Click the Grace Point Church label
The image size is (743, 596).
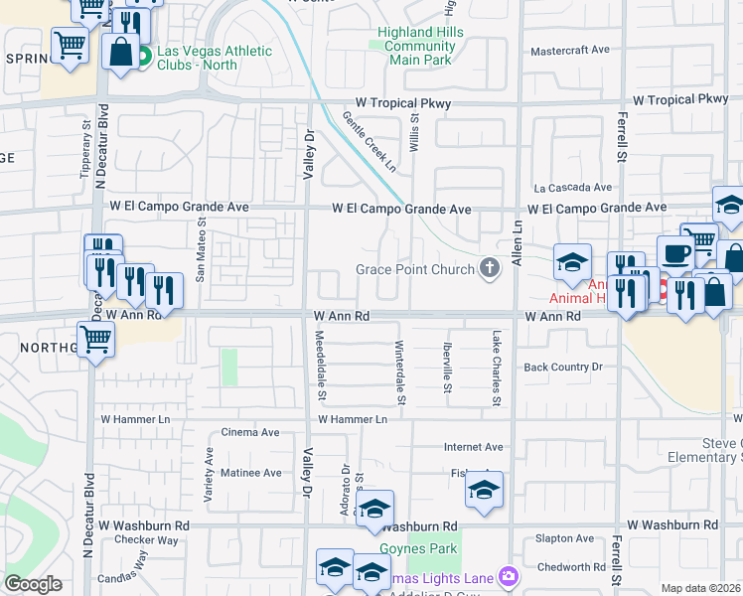pyautogui.click(x=415, y=269)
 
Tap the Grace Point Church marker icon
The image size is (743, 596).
pyautogui.click(x=489, y=268)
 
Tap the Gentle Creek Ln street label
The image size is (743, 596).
pyautogui.click(x=369, y=140)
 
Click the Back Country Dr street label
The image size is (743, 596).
pyautogui.click(x=563, y=368)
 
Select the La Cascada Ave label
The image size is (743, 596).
pyautogui.click(x=573, y=187)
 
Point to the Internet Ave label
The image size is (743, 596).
pyautogui.click(x=474, y=448)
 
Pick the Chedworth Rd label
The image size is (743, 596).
pyautogui.click(x=570, y=567)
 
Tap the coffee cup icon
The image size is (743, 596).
pyautogui.click(x=674, y=252)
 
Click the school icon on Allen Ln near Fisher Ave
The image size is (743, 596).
pyautogui.click(x=484, y=490)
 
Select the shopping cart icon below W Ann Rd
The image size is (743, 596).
pyautogui.click(x=95, y=339)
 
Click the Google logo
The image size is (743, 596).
pyautogui.click(x=33, y=584)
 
